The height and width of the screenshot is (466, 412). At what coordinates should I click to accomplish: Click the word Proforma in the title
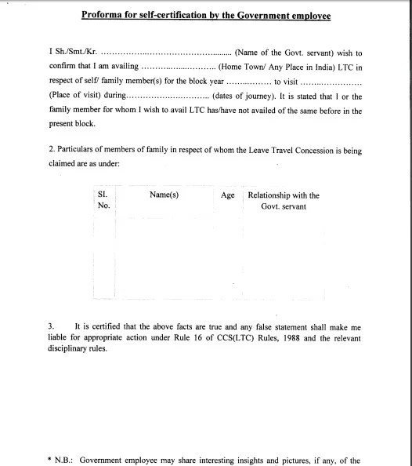coord(105,15)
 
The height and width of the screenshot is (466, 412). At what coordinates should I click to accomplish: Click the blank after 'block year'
coord(248,82)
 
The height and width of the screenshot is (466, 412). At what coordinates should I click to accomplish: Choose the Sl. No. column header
coord(103,200)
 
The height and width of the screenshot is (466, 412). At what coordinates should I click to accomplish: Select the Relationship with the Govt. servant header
coord(284,200)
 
